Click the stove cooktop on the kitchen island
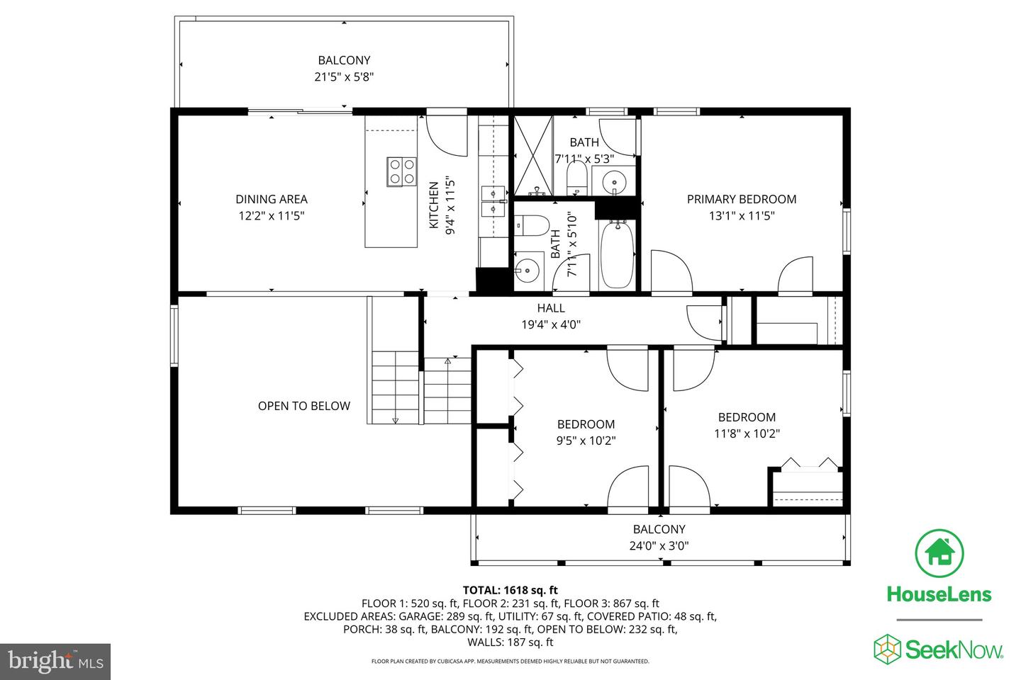(401, 171)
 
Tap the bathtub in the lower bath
(617, 254)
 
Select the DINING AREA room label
(271, 199)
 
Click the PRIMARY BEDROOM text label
(742, 199)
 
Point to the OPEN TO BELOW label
(304, 406)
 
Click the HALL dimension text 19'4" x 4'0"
(551, 324)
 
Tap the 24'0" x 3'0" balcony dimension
(659, 545)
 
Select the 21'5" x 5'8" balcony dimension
(344, 76)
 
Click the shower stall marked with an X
(533, 156)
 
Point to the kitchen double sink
(493, 201)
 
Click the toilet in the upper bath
(576, 178)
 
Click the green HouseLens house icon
(939, 553)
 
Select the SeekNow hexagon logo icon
(887, 649)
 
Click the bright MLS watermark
(55, 662)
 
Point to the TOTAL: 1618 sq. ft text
(510, 590)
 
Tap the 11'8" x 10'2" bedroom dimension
(747, 433)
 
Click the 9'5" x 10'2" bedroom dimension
(586, 441)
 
